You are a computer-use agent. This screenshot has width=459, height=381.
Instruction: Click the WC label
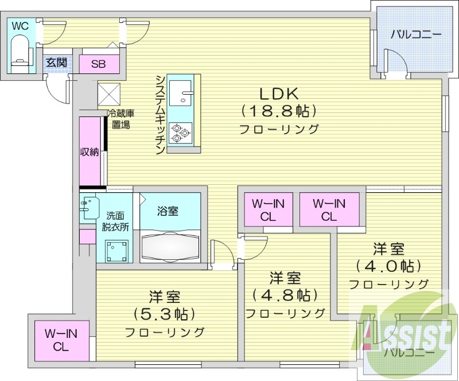point(20,26)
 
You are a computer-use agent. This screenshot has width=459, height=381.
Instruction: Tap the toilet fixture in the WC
point(21,53)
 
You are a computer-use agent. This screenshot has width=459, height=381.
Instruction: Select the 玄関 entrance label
point(56,62)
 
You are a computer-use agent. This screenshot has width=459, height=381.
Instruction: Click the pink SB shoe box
point(98,64)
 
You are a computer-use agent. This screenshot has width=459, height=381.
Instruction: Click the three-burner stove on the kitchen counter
point(181,133)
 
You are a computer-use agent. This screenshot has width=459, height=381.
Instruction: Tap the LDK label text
point(279,94)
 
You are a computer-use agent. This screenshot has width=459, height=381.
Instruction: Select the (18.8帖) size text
point(279,111)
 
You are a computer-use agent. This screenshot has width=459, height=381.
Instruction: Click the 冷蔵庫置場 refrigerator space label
point(120,119)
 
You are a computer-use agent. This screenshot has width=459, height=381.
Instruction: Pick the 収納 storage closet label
point(90,152)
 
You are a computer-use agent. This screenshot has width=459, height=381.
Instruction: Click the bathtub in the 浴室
point(170,246)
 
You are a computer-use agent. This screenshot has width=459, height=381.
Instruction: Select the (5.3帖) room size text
point(165,314)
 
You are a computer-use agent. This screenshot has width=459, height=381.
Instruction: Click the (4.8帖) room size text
point(285,295)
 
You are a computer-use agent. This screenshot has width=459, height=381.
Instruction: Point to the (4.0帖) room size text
point(388,266)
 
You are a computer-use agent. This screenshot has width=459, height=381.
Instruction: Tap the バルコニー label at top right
point(416,34)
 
